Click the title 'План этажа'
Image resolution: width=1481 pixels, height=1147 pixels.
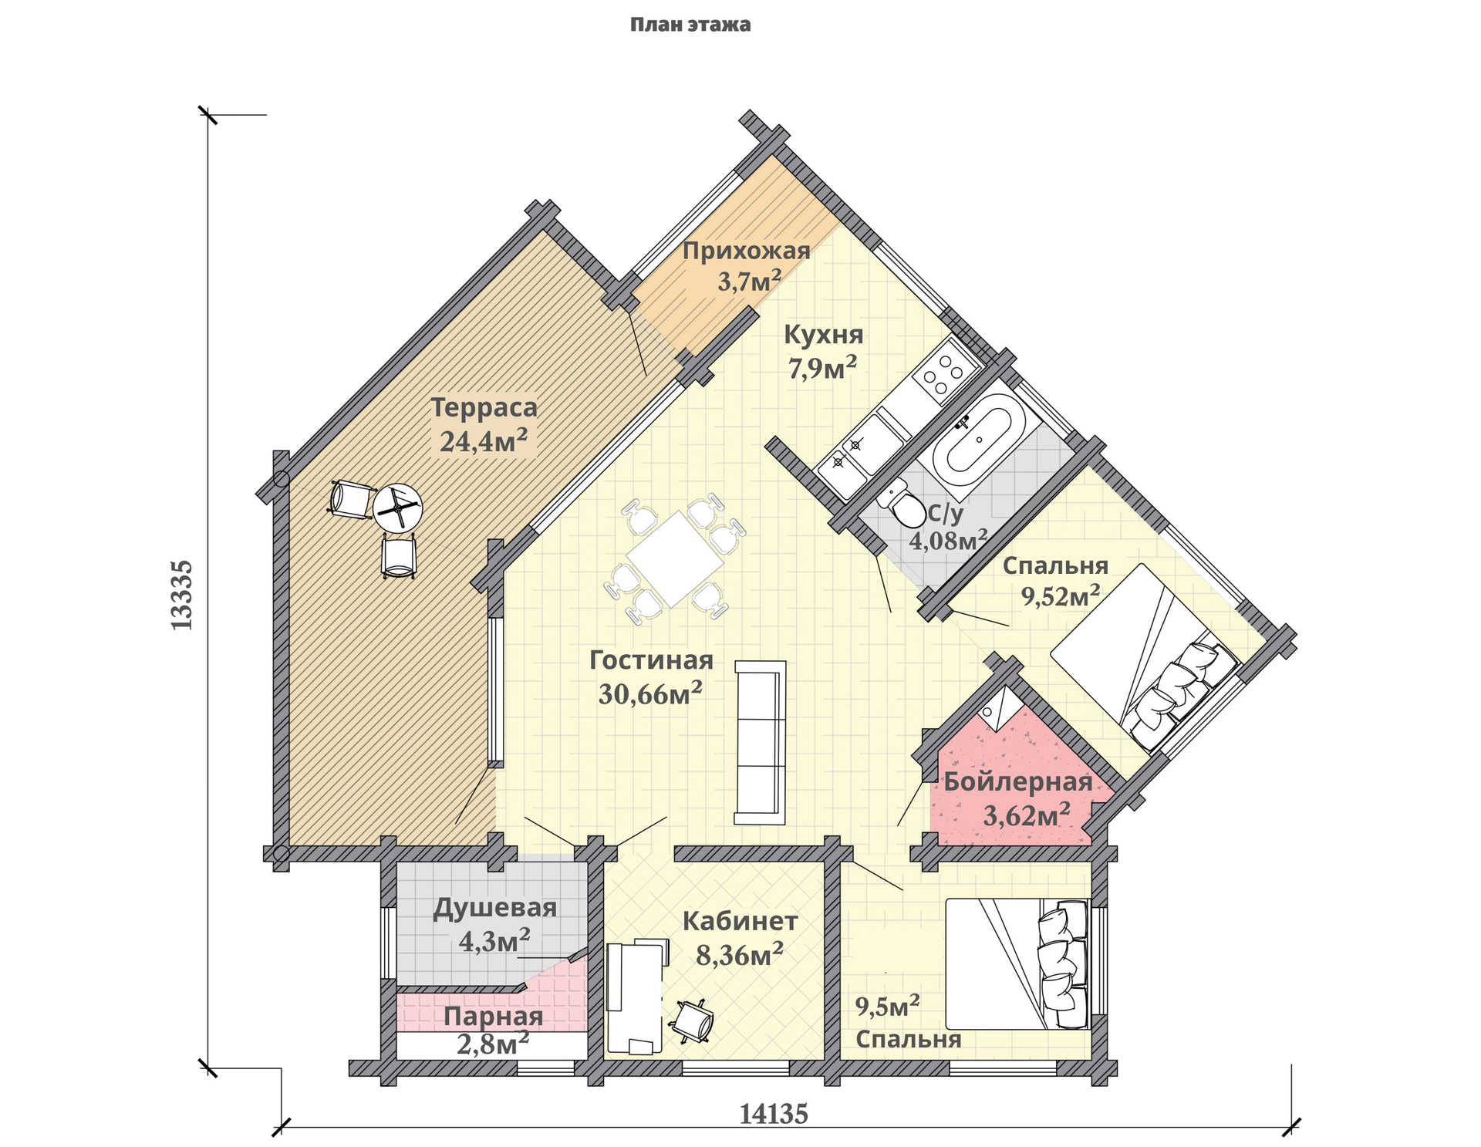(690, 25)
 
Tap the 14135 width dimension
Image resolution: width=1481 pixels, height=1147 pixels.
(774, 1114)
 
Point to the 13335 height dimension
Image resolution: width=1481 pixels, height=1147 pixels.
(182, 595)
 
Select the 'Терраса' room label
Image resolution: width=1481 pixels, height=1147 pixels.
(484, 407)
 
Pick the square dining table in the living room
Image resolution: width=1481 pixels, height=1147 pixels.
(675, 558)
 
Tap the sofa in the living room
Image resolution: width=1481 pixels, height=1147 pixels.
(760, 742)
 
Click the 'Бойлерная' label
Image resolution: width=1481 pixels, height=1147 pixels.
(1018, 781)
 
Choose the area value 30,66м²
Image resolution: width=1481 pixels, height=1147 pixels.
(650, 693)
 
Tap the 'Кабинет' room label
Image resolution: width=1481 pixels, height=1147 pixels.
(740, 921)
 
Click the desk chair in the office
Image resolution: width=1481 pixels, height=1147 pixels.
(693, 1021)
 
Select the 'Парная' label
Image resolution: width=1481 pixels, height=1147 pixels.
(494, 1017)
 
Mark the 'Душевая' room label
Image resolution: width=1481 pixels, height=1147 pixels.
(495, 908)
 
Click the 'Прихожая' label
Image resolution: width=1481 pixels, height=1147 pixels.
(747, 251)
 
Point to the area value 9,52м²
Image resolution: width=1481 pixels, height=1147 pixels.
(1061, 595)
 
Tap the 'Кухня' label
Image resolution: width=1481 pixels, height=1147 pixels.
(824, 335)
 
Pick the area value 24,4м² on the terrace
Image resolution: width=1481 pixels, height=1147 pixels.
(484, 441)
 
